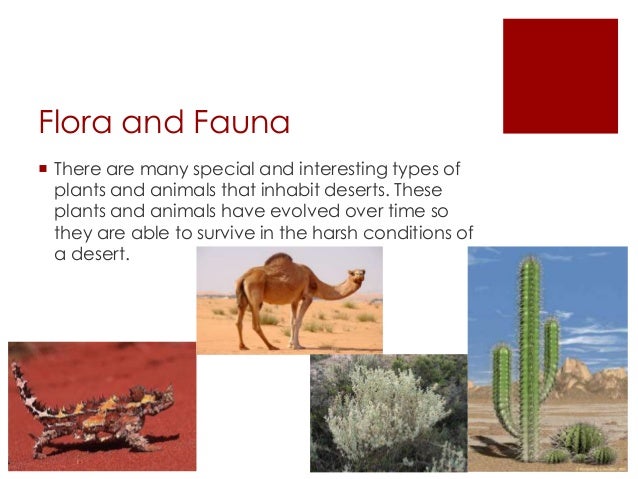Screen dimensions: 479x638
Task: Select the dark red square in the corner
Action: tap(560, 75)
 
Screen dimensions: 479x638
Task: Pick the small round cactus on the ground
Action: tap(581, 440)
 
